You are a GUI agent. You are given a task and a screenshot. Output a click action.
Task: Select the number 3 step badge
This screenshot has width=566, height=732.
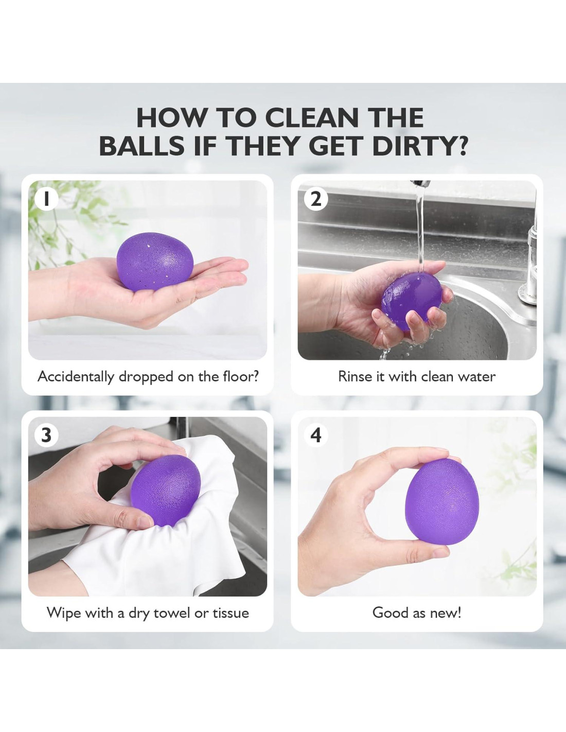tap(46, 435)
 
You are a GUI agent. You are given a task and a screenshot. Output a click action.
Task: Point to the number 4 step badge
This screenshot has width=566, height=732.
tap(316, 435)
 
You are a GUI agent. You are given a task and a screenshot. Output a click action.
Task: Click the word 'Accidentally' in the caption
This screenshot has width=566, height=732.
tap(76, 377)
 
